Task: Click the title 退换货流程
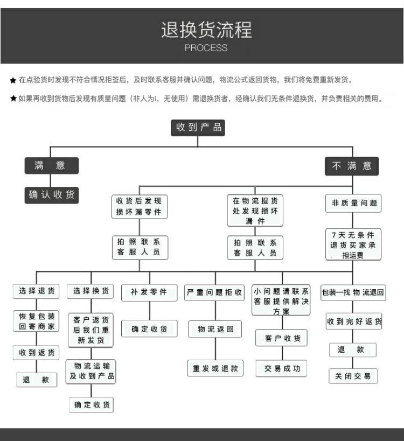click(206, 29)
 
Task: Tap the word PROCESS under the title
click(206, 48)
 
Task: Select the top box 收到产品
click(198, 128)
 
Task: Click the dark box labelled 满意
click(51, 166)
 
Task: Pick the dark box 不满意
click(352, 166)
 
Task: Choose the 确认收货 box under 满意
click(52, 195)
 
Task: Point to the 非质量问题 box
click(353, 204)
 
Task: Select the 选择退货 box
click(37, 291)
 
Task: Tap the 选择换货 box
click(90, 291)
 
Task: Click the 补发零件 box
click(149, 292)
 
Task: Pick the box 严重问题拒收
click(214, 292)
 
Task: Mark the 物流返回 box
click(215, 329)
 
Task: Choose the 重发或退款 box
click(215, 369)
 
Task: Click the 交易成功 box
click(282, 369)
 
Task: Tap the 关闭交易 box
click(353, 376)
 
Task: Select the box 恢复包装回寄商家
click(37, 321)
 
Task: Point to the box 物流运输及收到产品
click(91, 371)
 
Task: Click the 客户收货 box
click(282, 338)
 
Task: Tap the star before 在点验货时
click(13, 80)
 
